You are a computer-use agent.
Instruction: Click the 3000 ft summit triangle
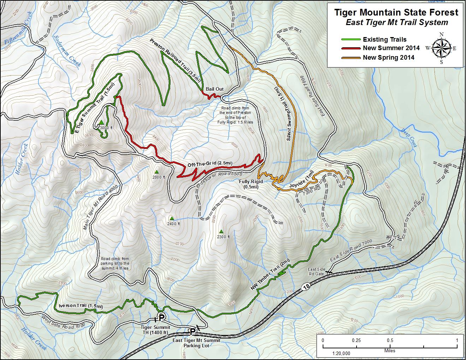(101, 122)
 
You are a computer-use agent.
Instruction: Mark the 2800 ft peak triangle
(157, 172)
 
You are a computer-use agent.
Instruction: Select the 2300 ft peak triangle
(221, 232)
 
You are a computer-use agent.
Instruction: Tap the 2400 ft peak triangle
(172, 218)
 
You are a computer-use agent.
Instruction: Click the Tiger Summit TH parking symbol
(161, 317)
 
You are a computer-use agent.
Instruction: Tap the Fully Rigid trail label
(251, 184)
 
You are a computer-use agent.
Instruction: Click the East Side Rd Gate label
(316, 271)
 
